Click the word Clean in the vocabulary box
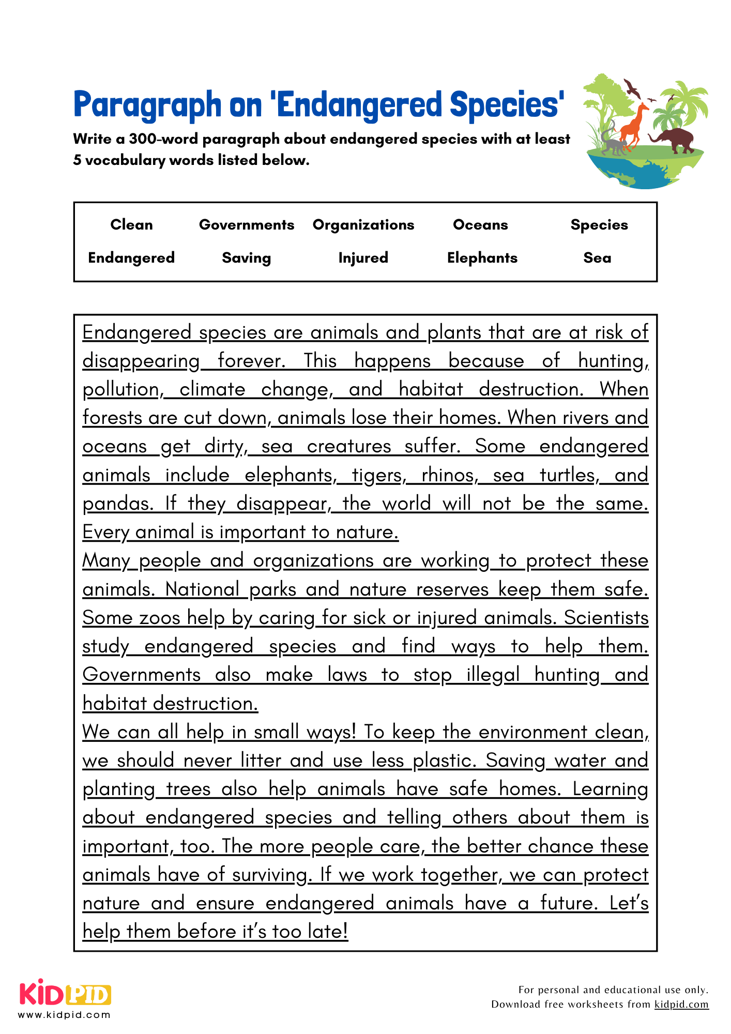pyautogui.click(x=131, y=225)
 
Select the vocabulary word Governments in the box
pyautogui.click(x=247, y=225)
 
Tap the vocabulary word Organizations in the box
pyautogui.click(x=363, y=225)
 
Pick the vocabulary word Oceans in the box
pyautogui.click(x=480, y=225)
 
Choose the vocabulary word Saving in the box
pyautogui.click(x=247, y=258)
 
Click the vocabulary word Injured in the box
pyautogui.click(x=363, y=258)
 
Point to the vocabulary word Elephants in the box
pyautogui.click(x=482, y=258)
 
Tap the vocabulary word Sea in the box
pyautogui.click(x=597, y=258)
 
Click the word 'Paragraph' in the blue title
pyautogui.click(x=147, y=105)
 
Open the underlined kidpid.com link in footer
pyautogui.click(x=681, y=1005)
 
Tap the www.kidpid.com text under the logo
pyautogui.click(x=64, y=1015)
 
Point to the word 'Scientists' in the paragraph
pyautogui.click(x=606, y=618)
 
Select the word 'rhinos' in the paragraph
pyautogui.click(x=447, y=475)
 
